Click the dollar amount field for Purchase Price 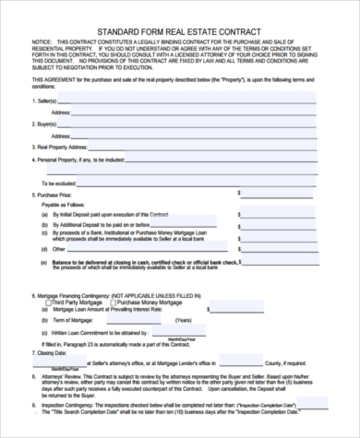[286, 195]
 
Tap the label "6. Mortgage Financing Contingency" [78, 294]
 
